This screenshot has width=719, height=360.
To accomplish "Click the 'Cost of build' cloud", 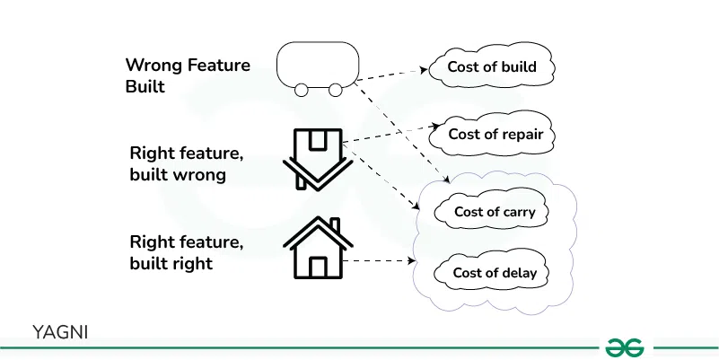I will [492, 67].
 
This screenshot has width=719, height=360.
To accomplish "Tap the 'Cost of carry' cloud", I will [495, 212].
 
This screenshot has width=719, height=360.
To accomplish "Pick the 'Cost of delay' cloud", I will [495, 272].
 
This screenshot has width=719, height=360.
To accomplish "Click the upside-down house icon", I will [315, 160].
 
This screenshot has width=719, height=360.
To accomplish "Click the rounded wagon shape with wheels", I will [319, 66].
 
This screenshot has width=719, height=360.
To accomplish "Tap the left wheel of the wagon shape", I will [303, 89].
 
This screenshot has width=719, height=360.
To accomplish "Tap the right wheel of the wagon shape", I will [335, 89].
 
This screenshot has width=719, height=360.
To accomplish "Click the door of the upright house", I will [317, 267].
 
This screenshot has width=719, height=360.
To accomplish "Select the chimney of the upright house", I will [335, 225].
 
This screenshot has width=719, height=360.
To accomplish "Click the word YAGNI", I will [60, 331].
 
